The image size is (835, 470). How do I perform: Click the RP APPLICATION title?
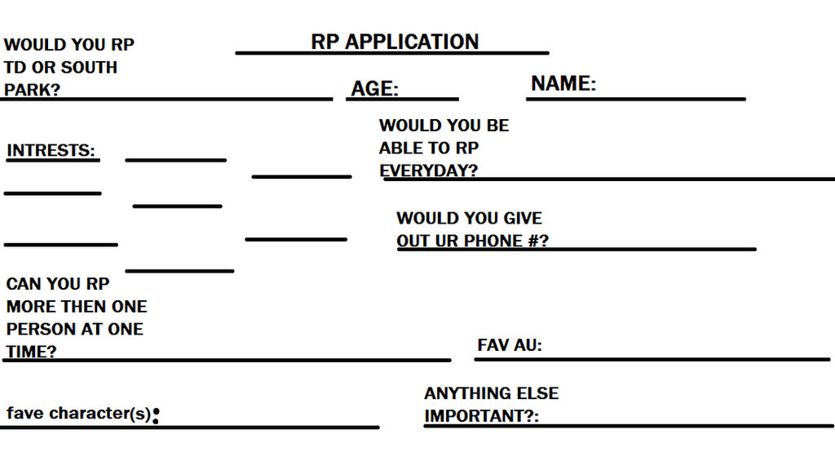[x=395, y=42]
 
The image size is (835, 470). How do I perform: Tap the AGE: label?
[x=374, y=89]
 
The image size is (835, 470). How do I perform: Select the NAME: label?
[x=563, y=83]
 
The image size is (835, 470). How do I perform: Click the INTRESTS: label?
[x=51, y=151]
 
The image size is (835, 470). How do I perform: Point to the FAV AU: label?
[x=510, y=345]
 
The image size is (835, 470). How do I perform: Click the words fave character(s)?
[x=78, y=413]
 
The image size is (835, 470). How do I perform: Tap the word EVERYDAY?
[x=428, y=171]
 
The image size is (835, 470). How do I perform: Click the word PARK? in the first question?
[x=32, y=90]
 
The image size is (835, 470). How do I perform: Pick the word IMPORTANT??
[x=481, y=415]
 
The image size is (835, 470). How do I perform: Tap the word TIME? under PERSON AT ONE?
[x=31, y=352]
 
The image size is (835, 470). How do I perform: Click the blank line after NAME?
[x=669, y=99]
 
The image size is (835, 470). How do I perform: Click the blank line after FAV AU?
[x=685, y=358]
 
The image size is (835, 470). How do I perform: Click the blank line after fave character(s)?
[x=269, y=426]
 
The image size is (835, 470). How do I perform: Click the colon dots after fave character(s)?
[x=156, y=416]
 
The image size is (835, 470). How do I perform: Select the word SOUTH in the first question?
[x=89, y=67]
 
